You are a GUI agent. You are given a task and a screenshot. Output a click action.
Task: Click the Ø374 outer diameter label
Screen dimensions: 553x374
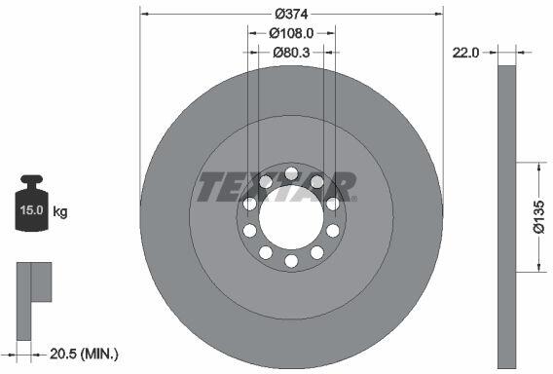pyautogui.click(x=291, y=14)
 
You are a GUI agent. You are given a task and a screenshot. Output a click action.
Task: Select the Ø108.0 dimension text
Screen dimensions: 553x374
pyautogui.click(x=291, y=33)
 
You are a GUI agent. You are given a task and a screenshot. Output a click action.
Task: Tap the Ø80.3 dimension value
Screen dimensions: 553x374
pyautogui.click(x=291, y=53)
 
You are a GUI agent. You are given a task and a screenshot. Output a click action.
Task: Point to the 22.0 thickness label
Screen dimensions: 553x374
pyautogui.click(x=465, y=53)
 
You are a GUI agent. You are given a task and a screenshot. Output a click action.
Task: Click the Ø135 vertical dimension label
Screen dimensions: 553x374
pyautogui.click(x=539, y=217)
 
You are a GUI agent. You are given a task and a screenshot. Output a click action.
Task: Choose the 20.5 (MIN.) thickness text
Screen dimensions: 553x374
pyautogui.click(x=84, y=354)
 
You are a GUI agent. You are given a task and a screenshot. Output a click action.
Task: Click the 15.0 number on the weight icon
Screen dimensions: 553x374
pyautogui.click(x=31, y=210)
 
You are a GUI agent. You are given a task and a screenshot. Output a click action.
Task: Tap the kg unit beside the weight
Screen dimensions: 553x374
pyautogui.click(x=60, y=211)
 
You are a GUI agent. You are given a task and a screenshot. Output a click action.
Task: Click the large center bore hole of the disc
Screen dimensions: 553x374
pyautogui.click(x=291, y=217)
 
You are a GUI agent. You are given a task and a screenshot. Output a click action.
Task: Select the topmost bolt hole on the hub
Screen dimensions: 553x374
pyautogui.click(x=291, y=173)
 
